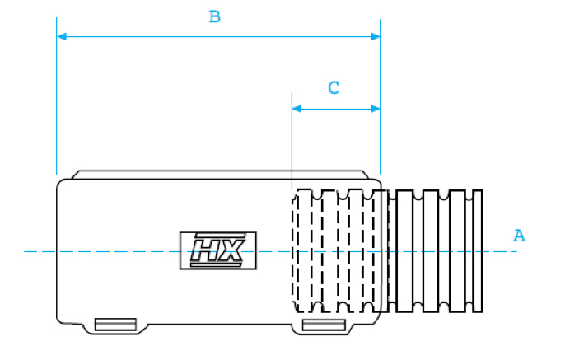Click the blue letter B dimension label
point(214,16)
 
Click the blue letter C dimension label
point(334,88)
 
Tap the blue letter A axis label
point(519,236)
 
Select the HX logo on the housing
point(218,250)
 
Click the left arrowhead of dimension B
point(62,36)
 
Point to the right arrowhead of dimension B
point(376,36)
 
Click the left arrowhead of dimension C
point(297,109)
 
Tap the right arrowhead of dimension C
point(376,109)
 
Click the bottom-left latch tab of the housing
point(115,325)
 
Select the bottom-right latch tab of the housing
point(324,325)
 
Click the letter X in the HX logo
point(232,250)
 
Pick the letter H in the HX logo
point(205,250)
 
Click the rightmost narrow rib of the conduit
point(478,251)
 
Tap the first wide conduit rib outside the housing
point(404,251)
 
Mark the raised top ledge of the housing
point(220,175)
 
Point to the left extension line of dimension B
point(57,96)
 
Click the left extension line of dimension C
point(292,141)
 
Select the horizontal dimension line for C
point(336,109)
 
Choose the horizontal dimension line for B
point(218,36)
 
